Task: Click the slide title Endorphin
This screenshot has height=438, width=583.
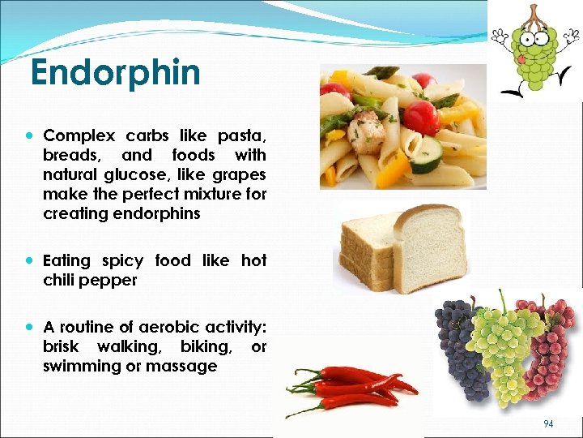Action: click(x=115, y=73)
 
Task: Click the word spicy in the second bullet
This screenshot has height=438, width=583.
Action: click(x=122, y=260)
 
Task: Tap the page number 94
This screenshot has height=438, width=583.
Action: click(x=548, y=423)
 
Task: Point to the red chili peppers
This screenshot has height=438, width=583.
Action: click(x=348, y=388)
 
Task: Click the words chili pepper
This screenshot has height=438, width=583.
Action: click(x=90, y=280)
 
